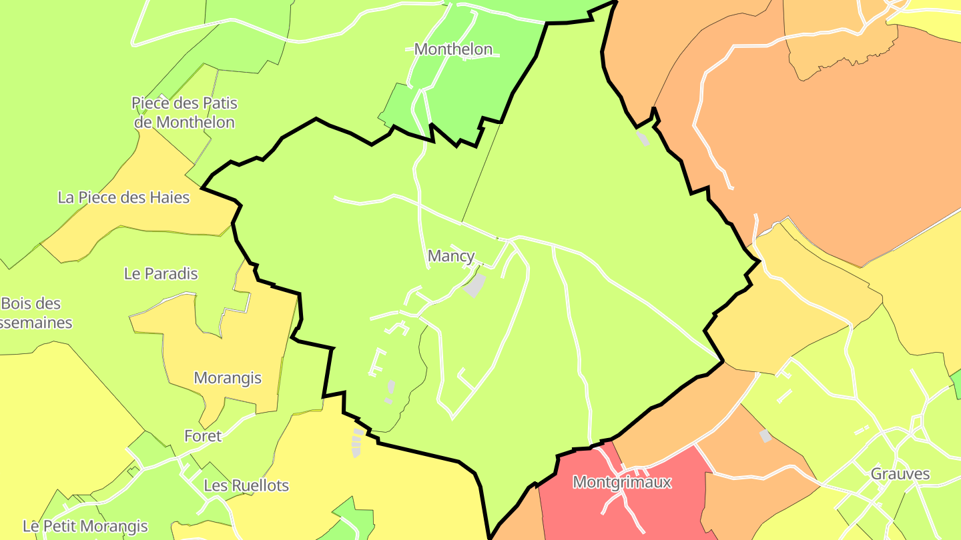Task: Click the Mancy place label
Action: tap(451, 256)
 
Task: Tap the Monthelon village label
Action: tap(453, 49)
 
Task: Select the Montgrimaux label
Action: tap(621, 482)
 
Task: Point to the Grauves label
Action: tap(900, 474)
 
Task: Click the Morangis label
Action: tap(228, 378)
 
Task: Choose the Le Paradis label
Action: tap(161, 273)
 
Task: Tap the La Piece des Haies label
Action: tap(123, 197)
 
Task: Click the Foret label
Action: tap(203, 436)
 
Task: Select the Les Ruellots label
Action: tap(246, 485)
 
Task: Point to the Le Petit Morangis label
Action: tap(85, 526)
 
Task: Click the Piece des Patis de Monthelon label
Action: tap(184, 113)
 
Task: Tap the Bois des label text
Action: tap(31, 304)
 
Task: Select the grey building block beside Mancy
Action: tap(474, 285)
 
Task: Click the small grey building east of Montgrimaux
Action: tap(765, 436)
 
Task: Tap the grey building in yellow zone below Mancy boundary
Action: tap(357, 443)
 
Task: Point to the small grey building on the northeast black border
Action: tap(643, 139)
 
